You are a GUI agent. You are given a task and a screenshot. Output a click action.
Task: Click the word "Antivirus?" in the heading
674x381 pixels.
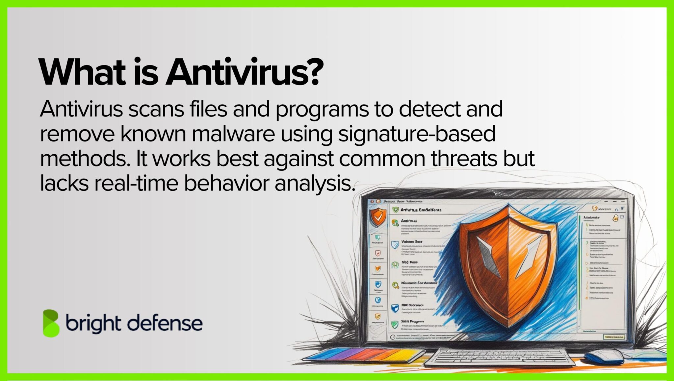pyautogui.click(x=244, y=72)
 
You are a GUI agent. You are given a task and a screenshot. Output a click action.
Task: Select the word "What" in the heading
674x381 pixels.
pyautogui.click(x=82, y=72)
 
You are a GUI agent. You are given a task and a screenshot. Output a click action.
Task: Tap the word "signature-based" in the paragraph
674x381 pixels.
pyautogui.click(x=417, y=134)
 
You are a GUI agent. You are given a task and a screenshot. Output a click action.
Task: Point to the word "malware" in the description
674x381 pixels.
pyautogui.click(x=233, y=134)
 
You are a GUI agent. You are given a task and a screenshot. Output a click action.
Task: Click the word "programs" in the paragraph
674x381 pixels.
pyautogui.click(x=322, y=110)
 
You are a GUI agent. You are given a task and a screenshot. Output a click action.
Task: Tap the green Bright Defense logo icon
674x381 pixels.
pyautogui.click(x=51, y=323)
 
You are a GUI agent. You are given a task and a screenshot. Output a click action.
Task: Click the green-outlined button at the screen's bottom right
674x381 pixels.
pyautogui.click(x=614, y=337)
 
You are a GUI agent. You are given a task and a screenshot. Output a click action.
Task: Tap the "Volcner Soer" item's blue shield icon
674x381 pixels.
pyautogui.click(x=395, y=244)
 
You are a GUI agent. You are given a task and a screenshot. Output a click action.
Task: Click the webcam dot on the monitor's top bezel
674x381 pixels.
pyautogui.click(x=499, y=193)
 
